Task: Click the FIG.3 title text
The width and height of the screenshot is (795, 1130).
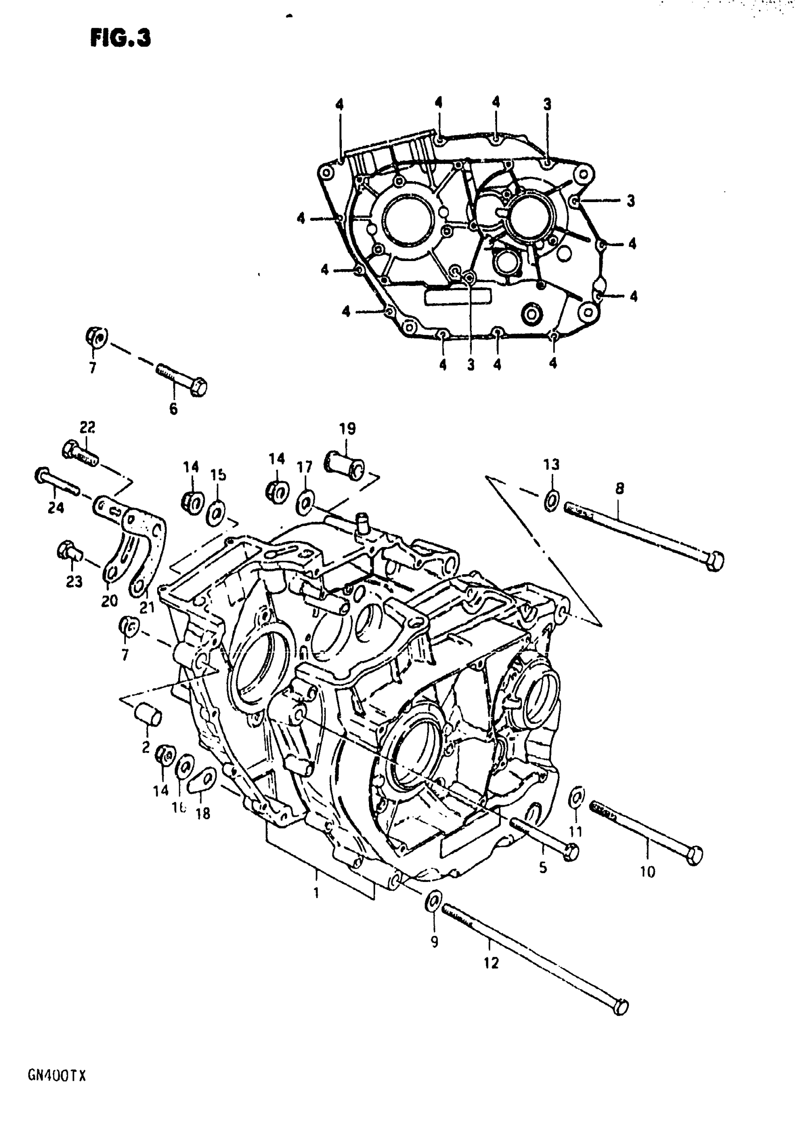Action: pyautogui.click(x=121, y=38)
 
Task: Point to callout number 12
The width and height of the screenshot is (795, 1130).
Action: pyautogui.click(x=491, y=962)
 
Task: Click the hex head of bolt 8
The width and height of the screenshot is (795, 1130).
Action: pyautogui.click(x=715, y=561)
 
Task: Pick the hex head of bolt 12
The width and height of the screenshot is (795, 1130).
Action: pyautogui.click(x=622, y=1006)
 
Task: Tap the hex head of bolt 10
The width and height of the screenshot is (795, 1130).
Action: pyautogui.click(x=694, y=855)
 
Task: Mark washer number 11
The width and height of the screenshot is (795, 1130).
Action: pyautogui.click(x=577, y=798)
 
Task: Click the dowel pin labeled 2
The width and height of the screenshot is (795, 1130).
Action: pyautogui.click(x=148, y=718)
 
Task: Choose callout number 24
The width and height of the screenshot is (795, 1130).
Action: pyautogui.click(x=56, y=507)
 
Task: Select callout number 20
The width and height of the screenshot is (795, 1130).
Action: pyautogui.click(x=109, y=601)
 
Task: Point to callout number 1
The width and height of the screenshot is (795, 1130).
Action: pyautogui.click(x=316, y=892)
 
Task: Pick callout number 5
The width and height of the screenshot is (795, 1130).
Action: pyautogui.click(x=542, y=867)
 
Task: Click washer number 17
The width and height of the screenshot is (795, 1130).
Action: pyautogui.click(x=305, y=504)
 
